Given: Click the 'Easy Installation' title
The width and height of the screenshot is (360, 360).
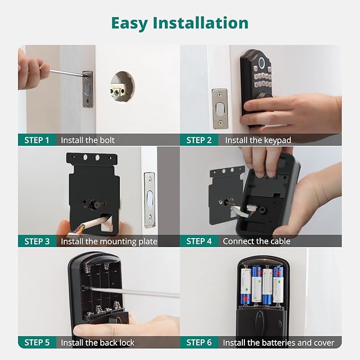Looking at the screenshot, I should [x=180, y=23].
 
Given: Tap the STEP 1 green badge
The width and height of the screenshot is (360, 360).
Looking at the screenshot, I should [x=37, y=140].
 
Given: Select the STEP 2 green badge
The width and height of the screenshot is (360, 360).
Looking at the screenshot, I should [x=199, y=140].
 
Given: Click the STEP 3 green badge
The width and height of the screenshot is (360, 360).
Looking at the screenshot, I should [x=37, y=241].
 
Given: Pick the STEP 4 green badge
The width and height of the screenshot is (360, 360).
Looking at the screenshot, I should [x=199, y=241].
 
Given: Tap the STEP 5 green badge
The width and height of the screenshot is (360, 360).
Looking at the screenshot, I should [x=37, y=343].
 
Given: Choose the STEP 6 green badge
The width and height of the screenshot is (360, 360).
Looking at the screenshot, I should [x=199, y=343].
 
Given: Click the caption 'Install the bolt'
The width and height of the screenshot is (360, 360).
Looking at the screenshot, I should [x=87, y=140].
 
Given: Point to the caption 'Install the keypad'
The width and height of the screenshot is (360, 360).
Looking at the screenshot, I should [x=258, y=140].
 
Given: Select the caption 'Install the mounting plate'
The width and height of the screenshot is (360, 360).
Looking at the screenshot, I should [x=109, y=241].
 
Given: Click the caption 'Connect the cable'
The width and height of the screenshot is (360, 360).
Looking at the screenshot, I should [x=256, y=241].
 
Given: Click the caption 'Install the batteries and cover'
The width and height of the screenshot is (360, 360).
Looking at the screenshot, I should [x=278, y=343].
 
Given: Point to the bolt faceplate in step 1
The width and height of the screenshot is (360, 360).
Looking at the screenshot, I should [x=87, y=89].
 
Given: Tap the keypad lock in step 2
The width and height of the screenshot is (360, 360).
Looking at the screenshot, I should [x=256, y=85].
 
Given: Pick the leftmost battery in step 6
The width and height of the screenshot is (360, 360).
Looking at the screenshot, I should [x=245, y=285].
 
